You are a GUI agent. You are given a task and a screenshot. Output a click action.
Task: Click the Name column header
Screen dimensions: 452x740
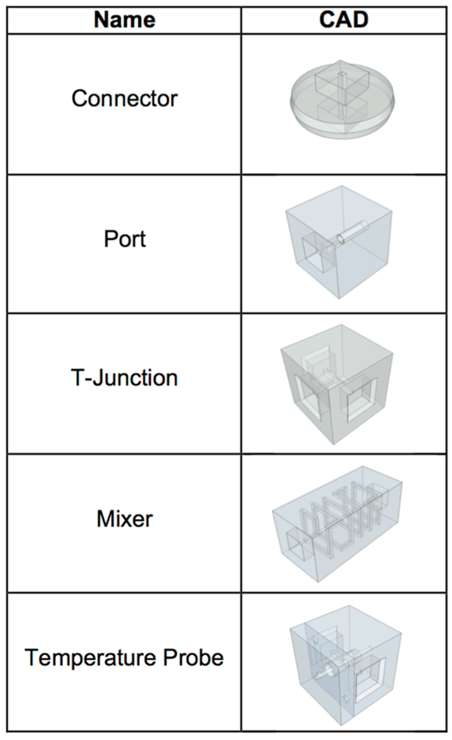(124, 20)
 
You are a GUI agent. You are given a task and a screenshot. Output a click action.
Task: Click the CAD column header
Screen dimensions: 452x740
(344, 20)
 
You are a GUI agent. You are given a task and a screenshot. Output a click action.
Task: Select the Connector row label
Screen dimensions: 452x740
(124, 98)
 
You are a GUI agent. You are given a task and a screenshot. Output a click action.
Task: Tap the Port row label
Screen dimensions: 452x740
(125, 239)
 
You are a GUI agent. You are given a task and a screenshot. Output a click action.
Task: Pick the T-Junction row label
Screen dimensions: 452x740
(124, 377)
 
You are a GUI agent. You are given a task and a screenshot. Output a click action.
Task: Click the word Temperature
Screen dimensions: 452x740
(90, 658)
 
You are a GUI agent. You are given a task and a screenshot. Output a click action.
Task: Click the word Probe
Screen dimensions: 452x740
(193, 658)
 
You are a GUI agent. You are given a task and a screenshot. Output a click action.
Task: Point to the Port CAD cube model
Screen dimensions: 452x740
(339, 242)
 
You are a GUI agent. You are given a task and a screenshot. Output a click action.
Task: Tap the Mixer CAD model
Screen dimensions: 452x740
(337, 522)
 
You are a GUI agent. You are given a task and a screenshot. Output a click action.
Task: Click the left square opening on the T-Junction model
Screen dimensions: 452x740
(307, 395)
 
